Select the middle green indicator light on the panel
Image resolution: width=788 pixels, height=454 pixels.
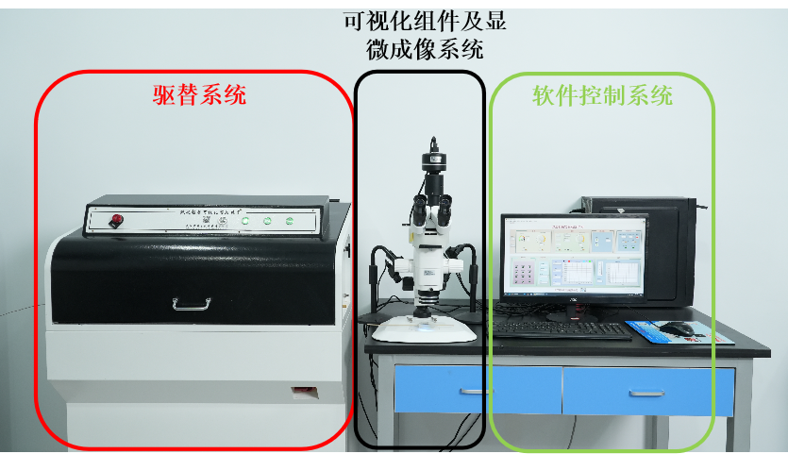pyautogui.click(x=267, y=223)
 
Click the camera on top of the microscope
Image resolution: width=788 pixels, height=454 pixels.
pyautogui.click(x=435, y=163)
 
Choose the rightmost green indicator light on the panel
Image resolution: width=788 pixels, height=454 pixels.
pyautogui.click(x=289, y=223)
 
